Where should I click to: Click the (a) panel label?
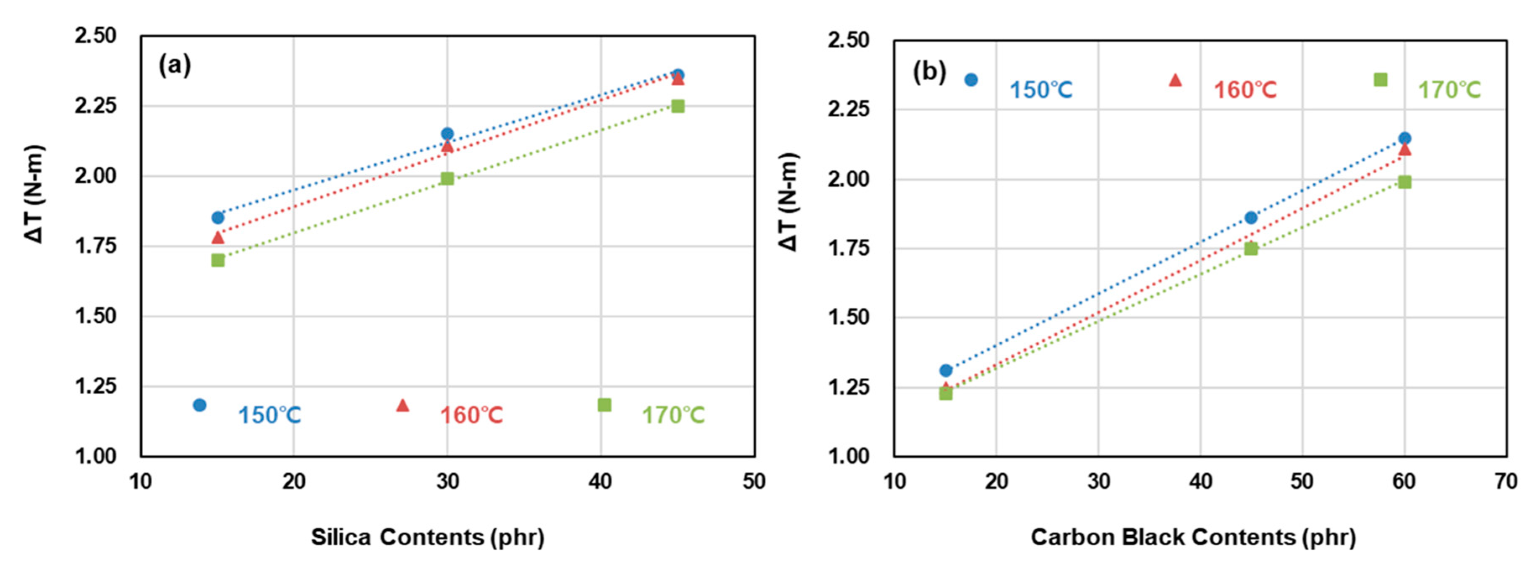point(175,65)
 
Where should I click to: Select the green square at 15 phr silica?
point(218,260)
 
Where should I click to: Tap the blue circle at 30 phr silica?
point(447,133)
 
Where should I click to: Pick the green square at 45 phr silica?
point(677,106)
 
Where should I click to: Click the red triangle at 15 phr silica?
point(218,237)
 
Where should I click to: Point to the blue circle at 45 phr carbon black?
point(1251,217)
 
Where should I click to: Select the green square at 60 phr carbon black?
point(1404,182)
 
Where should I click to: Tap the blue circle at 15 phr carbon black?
point(946,370)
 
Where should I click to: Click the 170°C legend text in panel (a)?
point(673,415)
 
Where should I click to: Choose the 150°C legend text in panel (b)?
point(1041,90)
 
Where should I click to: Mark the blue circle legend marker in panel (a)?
point(200,405)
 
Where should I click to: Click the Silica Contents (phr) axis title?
point(427,537)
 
